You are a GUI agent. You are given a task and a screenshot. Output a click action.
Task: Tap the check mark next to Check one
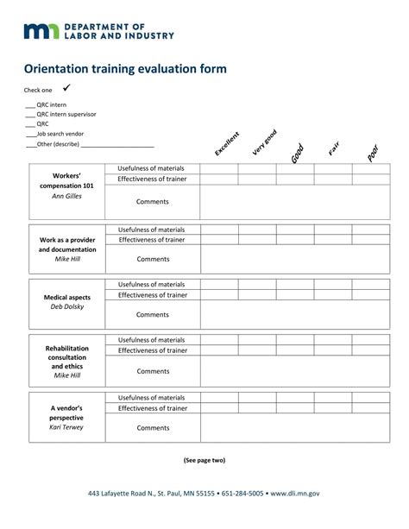click(x=66, y=88)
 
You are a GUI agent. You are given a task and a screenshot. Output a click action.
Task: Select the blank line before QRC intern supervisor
click(x=29, y=115)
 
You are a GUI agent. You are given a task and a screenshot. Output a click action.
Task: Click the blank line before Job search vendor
click(x=29, y=135)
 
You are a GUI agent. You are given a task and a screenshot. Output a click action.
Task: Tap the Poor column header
click(x=372, y=152)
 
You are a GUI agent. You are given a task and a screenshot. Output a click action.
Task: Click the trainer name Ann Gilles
click(x=67, y=197)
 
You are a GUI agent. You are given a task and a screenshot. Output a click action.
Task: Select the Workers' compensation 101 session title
click(x=67, y=179)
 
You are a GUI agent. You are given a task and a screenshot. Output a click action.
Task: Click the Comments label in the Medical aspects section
click(x=153, y=315)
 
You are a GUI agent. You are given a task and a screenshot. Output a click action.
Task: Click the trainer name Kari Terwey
click(x=66, y=427)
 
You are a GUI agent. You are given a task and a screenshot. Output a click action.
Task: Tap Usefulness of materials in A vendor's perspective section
click(x=153, y=397)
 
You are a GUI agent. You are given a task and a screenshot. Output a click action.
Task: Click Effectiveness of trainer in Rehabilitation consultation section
click(x=153, y=350)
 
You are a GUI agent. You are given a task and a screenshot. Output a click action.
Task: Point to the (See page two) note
click(x=204, y=460)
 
